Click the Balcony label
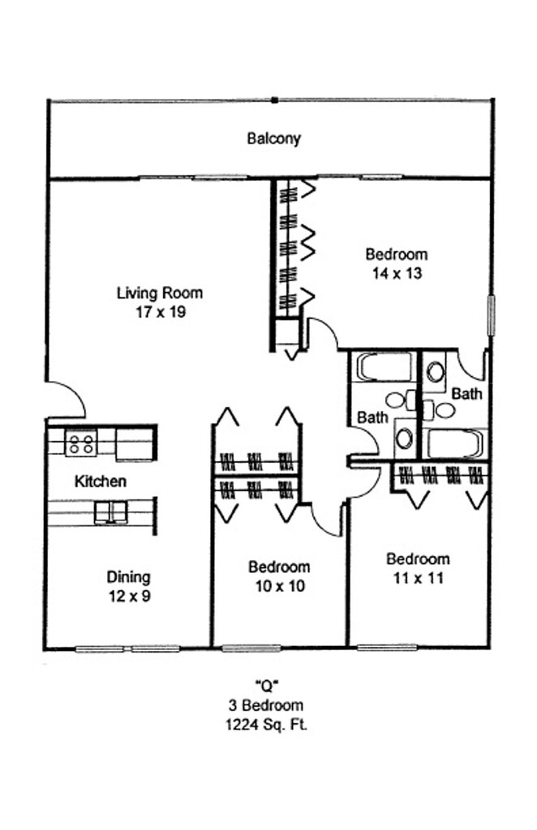pos(274,138)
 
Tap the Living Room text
pos(160,293)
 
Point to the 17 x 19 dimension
pos(161,312)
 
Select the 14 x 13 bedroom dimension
pos(397,273)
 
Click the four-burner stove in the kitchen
pos(81,443)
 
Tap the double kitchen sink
pos(110,512)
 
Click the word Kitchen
pos(100,481)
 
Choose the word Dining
pos(129,577)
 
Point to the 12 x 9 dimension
pos(130,597)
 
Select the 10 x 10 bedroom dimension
pos(280,587)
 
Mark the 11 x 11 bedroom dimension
pos(418,578)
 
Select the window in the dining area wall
pos(128,648)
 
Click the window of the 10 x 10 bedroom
pos(251,648)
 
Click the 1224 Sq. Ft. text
pos(266,724)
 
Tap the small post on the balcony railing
pos(274,100)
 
